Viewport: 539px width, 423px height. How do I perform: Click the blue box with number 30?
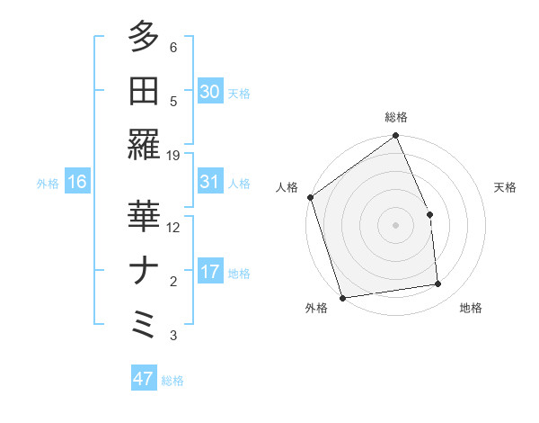click(x=210, y=91)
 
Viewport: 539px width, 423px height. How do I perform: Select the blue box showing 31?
click(x=210, y=182)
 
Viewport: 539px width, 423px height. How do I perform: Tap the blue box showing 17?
click(x=210, y=272)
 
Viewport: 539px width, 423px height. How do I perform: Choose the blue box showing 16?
click(x=77, y=182)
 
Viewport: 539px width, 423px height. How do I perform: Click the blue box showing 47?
click(x=144, y=379)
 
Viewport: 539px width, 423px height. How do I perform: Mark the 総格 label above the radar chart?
click(x=396, y=117)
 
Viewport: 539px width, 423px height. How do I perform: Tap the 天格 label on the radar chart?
click(x=506, y=187)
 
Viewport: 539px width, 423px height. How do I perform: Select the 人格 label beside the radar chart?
click(x=287, y=187)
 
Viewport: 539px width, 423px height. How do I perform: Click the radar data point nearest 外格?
click(x=342, y=298)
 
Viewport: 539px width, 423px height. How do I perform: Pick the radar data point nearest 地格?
click(x=438, y=284)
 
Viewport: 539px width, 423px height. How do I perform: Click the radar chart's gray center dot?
click(x=396, y=224)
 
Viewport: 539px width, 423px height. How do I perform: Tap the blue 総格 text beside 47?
click(x=172, y=381)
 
